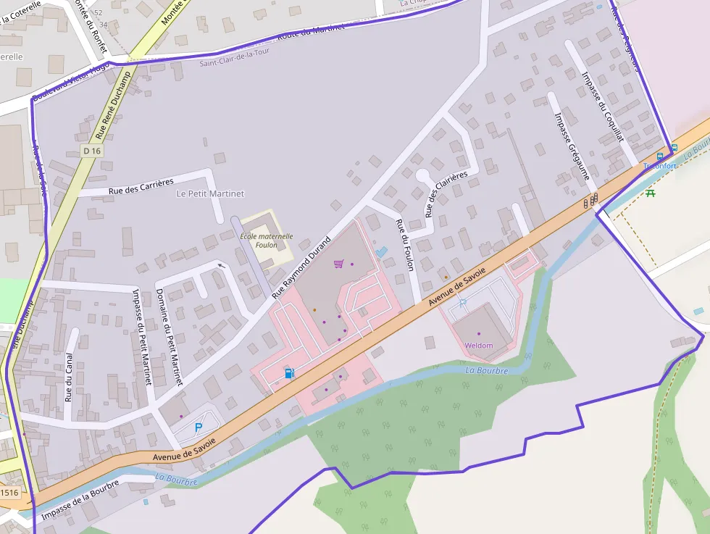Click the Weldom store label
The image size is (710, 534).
[479, 346]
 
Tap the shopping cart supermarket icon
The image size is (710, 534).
[338, 264]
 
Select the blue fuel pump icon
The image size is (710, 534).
[289, 373]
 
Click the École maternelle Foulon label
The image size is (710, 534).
[267, 241]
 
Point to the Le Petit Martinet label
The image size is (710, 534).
[211, 194]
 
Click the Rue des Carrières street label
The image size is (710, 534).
[141, 185]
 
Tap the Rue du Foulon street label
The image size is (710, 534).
[405, 245]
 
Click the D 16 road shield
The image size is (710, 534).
[92, 151]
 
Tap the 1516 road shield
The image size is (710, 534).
[9, 493]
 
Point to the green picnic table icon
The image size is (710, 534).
[651, 193]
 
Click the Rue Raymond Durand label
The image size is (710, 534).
[301, 268]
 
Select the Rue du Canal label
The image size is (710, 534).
[69, 377]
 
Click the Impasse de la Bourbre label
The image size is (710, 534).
[80, 499]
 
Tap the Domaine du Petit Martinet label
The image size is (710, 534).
[170, 337]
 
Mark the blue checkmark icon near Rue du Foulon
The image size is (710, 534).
[382, 251]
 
